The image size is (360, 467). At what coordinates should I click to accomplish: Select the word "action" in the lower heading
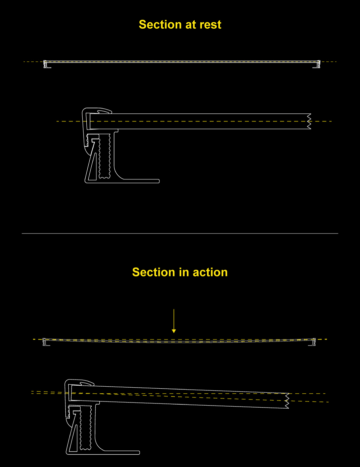(x=210, y=272)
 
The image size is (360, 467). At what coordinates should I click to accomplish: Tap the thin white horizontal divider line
(x=180, y=233)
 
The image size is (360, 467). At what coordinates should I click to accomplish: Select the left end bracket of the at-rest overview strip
(x=46, y=64)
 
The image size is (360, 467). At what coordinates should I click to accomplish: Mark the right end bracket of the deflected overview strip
(x=313, y=342)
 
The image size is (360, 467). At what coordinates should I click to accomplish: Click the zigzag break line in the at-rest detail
(x=309, y=121)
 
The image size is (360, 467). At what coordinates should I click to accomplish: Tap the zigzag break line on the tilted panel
(x=287, y=401)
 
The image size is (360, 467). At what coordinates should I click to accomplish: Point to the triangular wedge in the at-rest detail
(x=92, y=163)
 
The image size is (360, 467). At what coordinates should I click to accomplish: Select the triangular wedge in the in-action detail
(x=74, y=435)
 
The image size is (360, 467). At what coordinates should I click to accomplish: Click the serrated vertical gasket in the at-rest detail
(x=104, y=155)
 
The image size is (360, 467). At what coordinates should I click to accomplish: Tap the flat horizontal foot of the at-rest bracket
(x=140, y=181)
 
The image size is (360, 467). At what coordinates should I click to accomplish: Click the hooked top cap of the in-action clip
(x=80, y=382)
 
